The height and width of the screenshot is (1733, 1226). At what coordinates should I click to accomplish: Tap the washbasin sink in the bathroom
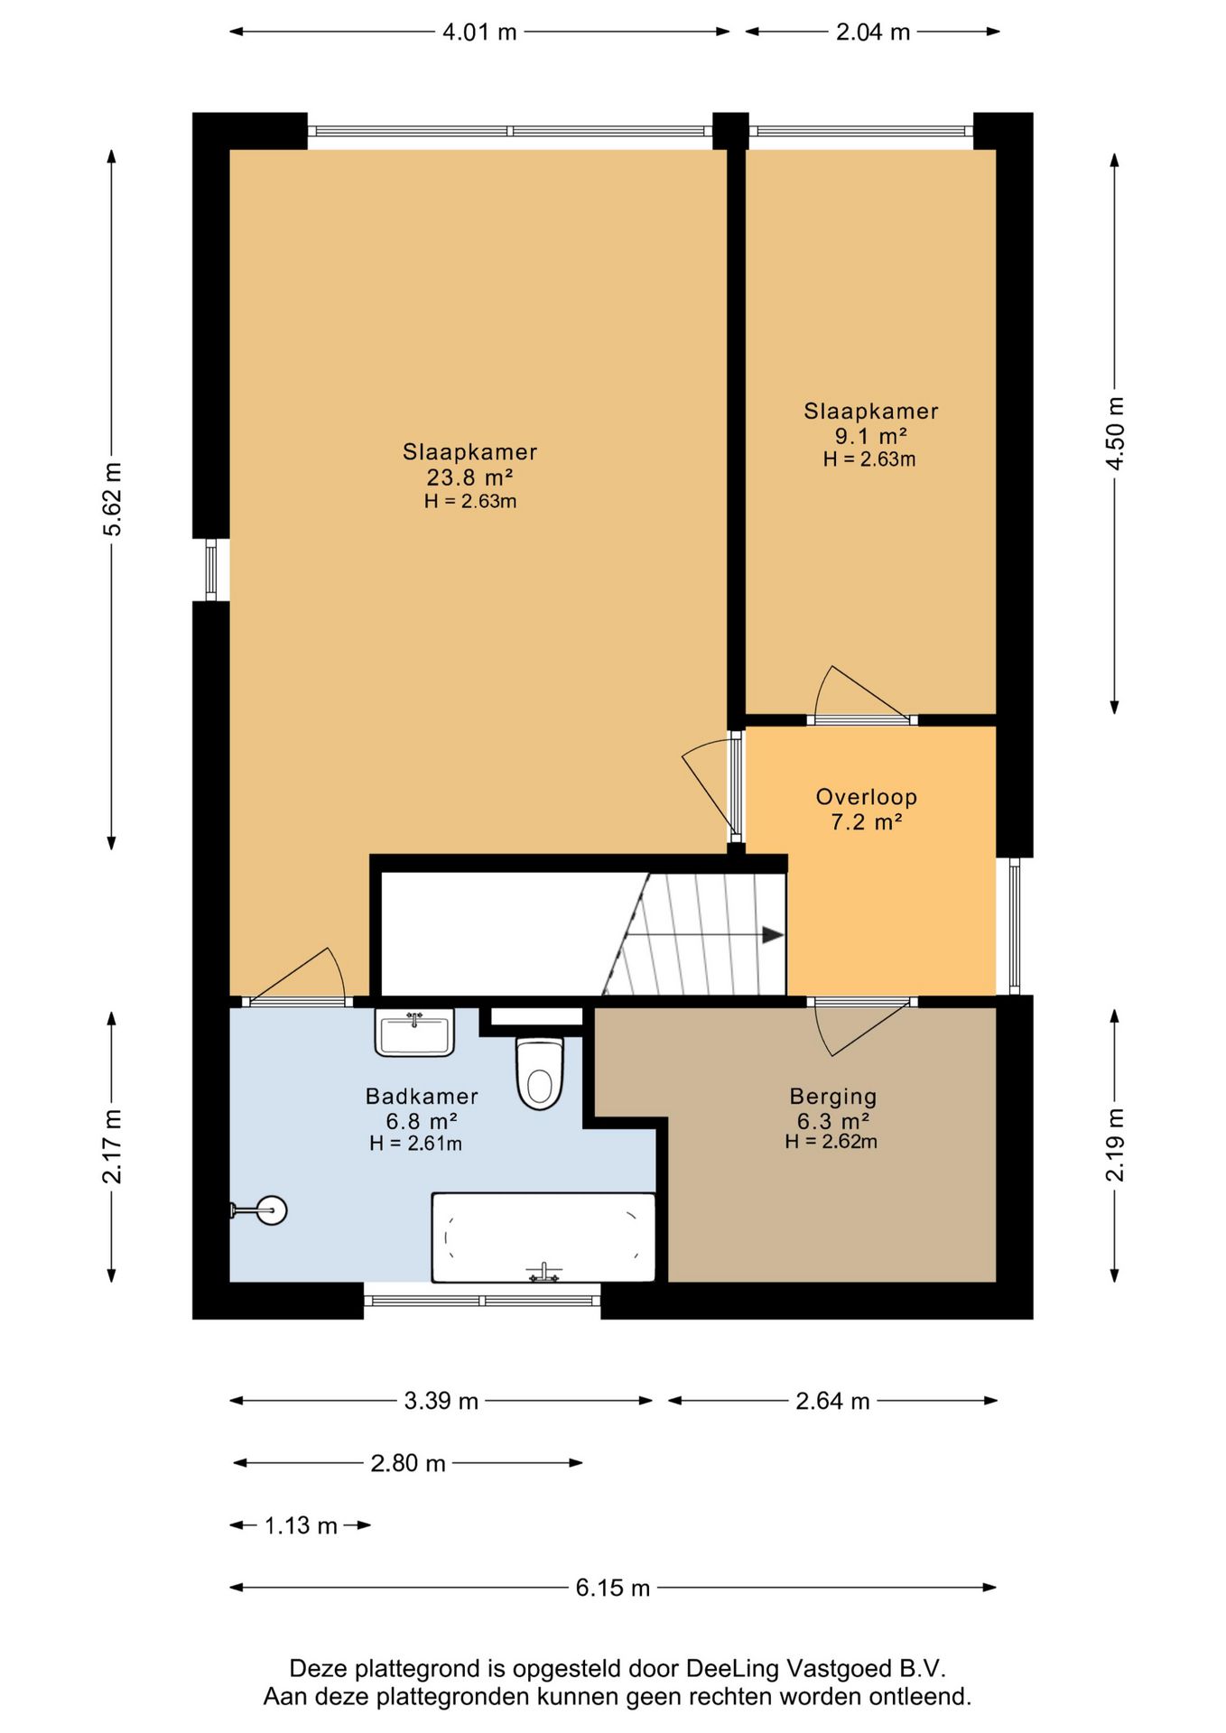pyautogui.click(x=414, y=1033)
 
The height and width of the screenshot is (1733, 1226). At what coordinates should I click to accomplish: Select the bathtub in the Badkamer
pyautogui.click(x=543, y=1237)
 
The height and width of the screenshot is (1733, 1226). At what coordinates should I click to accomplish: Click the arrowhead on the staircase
pyautogui.click(x=773, y=935)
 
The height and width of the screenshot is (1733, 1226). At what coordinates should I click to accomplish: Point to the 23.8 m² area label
pyautogui.click(x=469, y=477)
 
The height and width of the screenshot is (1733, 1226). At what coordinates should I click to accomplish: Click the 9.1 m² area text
pyautogui.click(x=870, y=436)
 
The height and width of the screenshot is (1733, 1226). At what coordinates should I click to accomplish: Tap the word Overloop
pyautogui.click(x=867, y=797)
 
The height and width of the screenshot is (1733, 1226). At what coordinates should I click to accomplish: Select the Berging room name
pyautogui.click(x=833, y=1097)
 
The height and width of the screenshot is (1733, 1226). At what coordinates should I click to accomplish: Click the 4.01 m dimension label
pyautogui.click(x=479, y=32)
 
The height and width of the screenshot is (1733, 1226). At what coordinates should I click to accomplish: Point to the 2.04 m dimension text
pyautogui.click(x=873, y=32)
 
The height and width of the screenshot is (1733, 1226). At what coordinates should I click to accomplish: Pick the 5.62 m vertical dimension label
pyautogui.click(x=112, y=499)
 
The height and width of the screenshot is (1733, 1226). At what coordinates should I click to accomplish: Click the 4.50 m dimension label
pyautogui.click(x=1115, y=433)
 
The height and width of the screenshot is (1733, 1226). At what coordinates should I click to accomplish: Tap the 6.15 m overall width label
pyautogui.click(x=613, y=1588)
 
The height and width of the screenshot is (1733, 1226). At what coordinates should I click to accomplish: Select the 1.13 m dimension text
pyautogui.click(x=301, y=1525)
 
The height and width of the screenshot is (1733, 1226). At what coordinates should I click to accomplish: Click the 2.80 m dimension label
pyautogui.click(x=408, y=1463)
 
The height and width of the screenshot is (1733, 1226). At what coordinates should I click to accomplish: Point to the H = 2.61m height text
pyautogui.click(x=415, y=1144)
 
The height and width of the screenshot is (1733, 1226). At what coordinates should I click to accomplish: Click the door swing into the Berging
pyautogui.click(x=862, y=1026)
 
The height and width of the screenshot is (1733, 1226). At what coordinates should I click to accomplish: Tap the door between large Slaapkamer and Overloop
pyautogui.click(x=709, y=786)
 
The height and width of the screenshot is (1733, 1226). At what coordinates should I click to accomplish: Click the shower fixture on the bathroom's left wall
pyautogui.click(x=260, y=1209)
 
